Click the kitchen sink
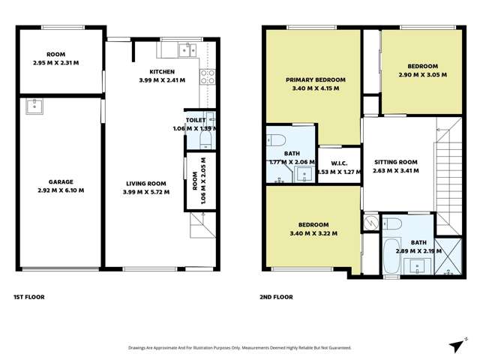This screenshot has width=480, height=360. pos(184,50)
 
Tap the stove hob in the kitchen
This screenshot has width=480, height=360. pos(208,76)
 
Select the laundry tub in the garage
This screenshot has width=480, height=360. pos(33,107)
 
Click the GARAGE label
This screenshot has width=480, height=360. pos(61,182)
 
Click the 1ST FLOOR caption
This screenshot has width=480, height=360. pos(29,297)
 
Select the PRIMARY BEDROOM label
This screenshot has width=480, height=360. pos(315,79)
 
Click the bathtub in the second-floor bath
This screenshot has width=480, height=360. pos(391,257)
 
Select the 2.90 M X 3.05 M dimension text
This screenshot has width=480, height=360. pos(422,75)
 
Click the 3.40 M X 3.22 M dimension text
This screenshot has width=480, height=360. pos(313,233)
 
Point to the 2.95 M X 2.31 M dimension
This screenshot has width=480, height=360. pos(55,63)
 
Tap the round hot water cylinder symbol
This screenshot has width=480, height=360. pos(370,223)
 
